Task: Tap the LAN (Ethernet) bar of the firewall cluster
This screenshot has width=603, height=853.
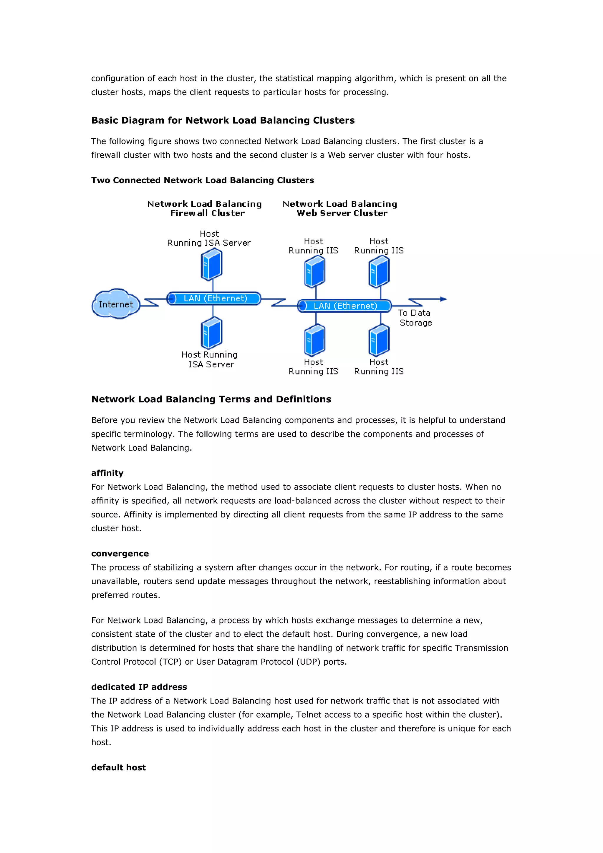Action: (214, 298)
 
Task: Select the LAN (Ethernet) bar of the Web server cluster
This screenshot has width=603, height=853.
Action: (344, 306)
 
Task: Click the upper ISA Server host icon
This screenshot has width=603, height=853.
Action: (211, 265)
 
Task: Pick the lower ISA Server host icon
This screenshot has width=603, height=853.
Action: (211, 333)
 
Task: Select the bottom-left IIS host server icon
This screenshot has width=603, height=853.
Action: (314, 340)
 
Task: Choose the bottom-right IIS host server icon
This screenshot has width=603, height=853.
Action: (379, 340)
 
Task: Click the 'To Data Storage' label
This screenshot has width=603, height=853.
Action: (415, 318)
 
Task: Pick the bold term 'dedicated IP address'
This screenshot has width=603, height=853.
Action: (139, 687)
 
